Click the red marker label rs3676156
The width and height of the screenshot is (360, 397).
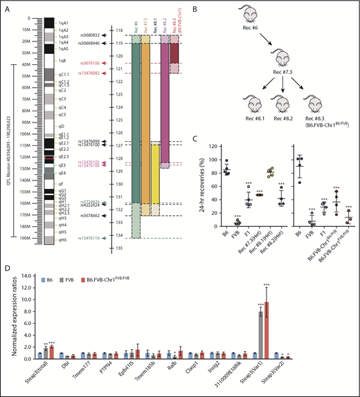coord(91,62)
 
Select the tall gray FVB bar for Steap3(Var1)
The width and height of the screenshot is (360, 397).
coord(261,331)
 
